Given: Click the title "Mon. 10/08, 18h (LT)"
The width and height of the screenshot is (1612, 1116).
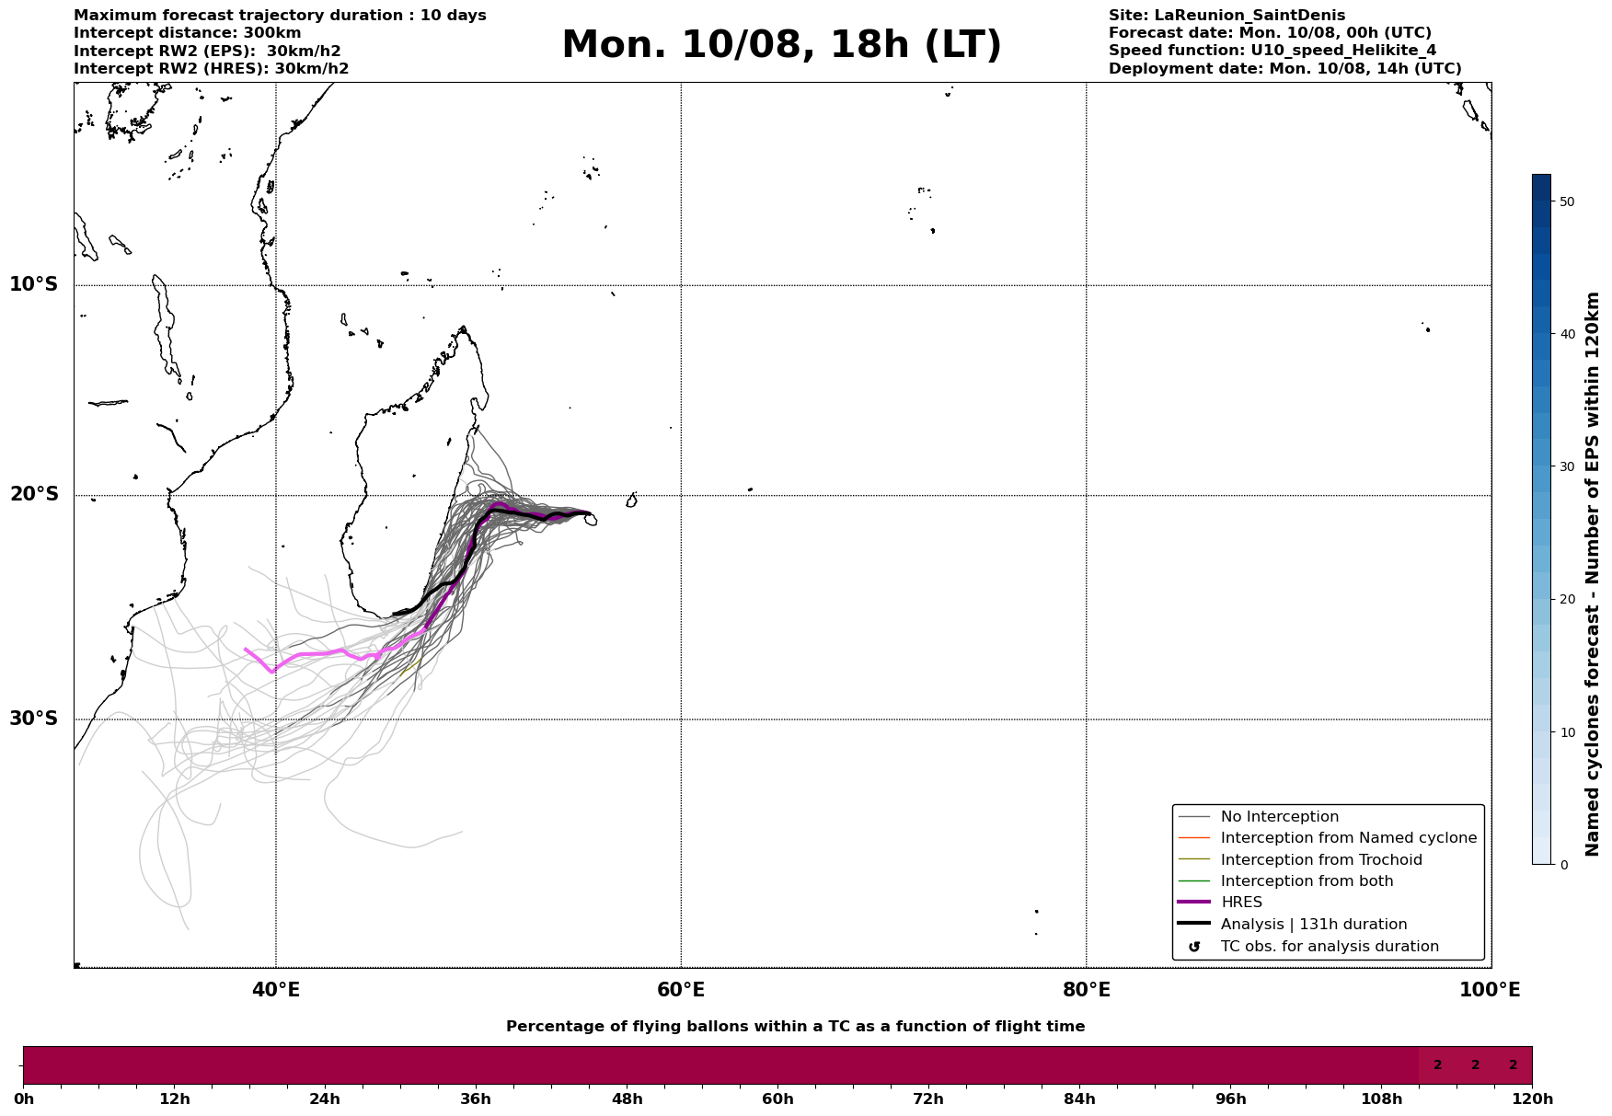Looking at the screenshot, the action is (x=781, y=45).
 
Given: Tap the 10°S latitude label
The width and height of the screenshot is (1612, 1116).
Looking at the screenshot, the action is (x=33, y=284).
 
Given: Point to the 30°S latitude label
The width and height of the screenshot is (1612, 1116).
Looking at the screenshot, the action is (x=33, y=719).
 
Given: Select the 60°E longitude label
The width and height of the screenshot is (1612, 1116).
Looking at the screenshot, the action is (x=681, y=990).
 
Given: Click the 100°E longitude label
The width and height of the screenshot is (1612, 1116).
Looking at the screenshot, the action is (x=1490, y=990).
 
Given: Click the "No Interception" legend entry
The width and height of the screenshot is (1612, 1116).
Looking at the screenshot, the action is (x=1258, y=817).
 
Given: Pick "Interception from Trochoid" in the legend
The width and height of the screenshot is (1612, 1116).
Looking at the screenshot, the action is (x=1300, y=860).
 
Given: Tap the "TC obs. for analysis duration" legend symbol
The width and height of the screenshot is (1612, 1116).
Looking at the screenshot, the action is (x=1194, y=947).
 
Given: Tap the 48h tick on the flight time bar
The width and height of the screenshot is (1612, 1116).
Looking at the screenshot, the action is (x=627, y=1099).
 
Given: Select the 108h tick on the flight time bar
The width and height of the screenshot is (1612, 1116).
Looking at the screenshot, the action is (x=1381, y=1099).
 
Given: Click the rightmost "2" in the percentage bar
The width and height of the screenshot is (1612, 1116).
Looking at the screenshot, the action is (x=1513, y=1065).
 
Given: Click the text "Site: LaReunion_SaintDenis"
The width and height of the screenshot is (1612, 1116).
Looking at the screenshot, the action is (x=1226, y=16).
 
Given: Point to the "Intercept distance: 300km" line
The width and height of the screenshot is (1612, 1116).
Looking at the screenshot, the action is (x=188, y=33).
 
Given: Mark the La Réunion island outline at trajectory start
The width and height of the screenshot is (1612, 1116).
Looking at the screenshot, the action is (x=590, y=520).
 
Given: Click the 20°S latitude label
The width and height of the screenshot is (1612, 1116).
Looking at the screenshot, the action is (x=33, y=495).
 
